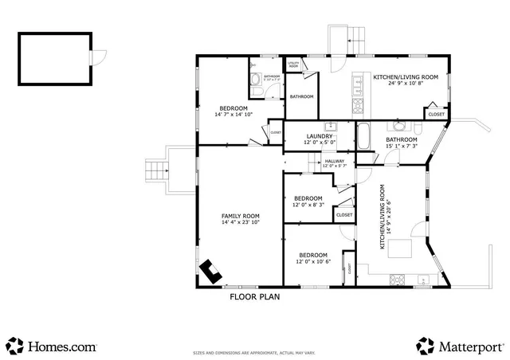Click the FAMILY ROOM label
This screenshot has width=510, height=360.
coord(240,216)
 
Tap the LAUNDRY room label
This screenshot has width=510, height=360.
coord(319,136)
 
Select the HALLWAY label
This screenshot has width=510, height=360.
coord(335,162)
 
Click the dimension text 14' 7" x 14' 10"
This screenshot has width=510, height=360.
coord(233,115)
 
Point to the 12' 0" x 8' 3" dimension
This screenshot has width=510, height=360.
coord(308,205)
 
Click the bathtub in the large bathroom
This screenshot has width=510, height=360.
coord(363,137)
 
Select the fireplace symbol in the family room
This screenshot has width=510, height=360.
coord(211,272)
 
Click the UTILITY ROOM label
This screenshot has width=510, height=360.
coord(292,63)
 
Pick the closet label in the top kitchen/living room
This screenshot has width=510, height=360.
coord(436,115)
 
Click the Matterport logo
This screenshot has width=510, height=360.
coord(460,346)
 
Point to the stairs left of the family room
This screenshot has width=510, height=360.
coord(155,170)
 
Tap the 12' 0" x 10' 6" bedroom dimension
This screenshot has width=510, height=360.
coord(312,261)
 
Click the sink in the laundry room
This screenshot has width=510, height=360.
coord(328,127)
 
